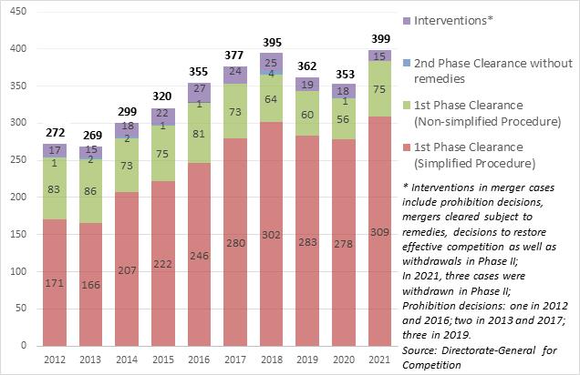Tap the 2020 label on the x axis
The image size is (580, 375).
[343, 360]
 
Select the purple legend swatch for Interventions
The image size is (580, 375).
[405, 19]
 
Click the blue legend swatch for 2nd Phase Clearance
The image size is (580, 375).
[405, 63]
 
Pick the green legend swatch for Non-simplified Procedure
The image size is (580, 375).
[405, 106]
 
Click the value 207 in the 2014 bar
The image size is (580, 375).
[128, 269]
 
